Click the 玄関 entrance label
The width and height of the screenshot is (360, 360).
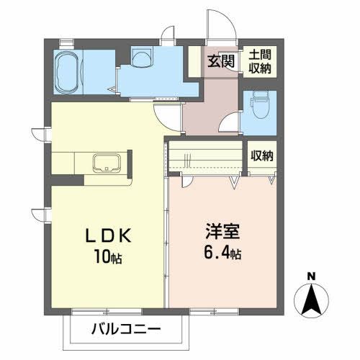(221, 61)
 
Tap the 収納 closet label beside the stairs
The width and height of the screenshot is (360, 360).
(262, 156)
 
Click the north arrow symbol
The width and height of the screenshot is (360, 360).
(310, 300)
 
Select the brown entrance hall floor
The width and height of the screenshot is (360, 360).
(210, 108)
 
